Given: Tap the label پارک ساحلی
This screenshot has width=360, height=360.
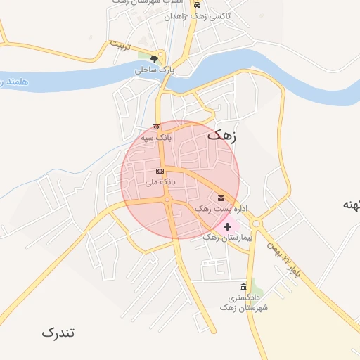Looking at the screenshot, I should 154,70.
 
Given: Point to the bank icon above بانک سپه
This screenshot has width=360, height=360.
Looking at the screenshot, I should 155,127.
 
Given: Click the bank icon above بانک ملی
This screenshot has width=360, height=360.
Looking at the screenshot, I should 160,171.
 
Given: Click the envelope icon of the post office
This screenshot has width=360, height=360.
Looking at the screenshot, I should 221,198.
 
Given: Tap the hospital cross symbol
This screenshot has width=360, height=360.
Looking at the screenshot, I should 226,226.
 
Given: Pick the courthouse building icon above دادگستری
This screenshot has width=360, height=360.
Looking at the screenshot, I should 243,287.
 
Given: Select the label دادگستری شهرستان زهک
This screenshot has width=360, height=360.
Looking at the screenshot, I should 244,302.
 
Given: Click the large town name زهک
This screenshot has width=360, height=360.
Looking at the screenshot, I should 222,136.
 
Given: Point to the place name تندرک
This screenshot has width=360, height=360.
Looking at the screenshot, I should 58,332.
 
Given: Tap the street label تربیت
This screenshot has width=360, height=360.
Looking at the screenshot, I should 120,46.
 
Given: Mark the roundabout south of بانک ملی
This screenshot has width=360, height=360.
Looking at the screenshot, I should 167,200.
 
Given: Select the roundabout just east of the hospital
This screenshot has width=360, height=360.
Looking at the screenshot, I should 255,224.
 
